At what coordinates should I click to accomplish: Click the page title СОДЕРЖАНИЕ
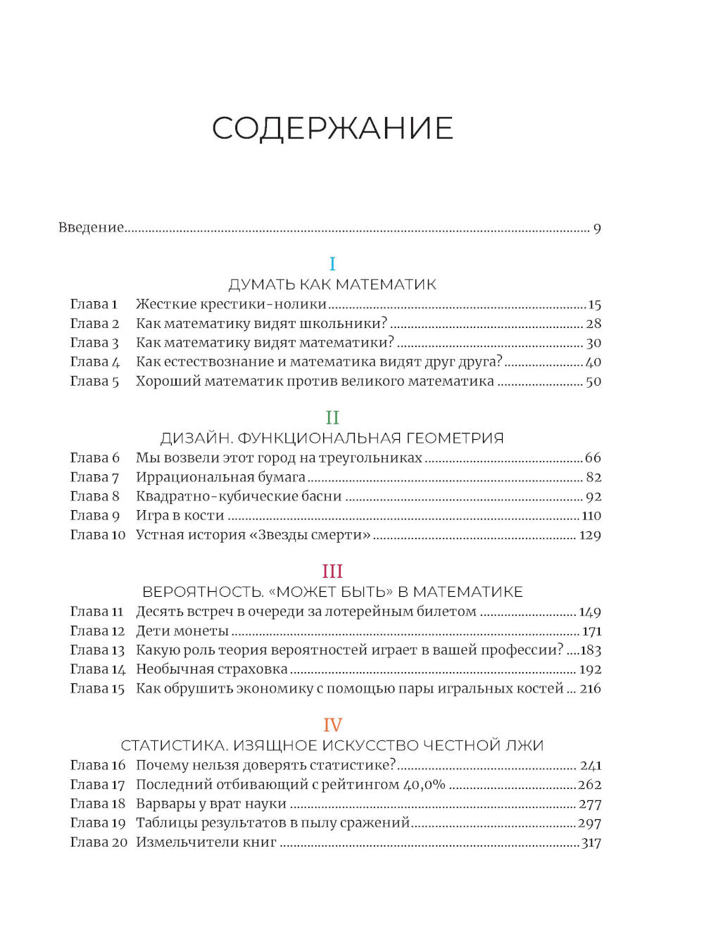pyautogui.click(x=332, y=129)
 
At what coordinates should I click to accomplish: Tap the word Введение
pyautogui.click(x=91, y=227)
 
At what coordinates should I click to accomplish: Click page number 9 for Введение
pyautogui.click(x=597, y=228)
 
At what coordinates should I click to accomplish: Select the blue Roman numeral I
pyautogui.click(x=332, y=264)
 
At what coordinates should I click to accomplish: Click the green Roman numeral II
pyautogui.click(x=332, y=417)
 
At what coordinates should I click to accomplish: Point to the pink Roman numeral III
pyautogui.click(x=332, y=571)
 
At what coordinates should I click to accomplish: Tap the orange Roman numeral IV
pyautogui.click(x=332, y=725)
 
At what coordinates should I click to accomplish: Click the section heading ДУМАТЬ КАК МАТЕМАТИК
pyautogui.click(x=332, y=285)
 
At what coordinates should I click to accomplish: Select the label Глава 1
pyautogui.click(x=94, y=304)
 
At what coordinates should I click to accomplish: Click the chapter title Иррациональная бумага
pyautogui.click(x=220, y=477)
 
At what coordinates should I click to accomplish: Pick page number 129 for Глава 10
pyautogui.click(x=590, y=536)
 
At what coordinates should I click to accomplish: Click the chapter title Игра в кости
pyautogui.click(x=180, y=516)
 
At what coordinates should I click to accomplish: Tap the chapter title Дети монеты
pyautogui.click(x=182, y=631)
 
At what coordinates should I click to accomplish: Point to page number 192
pyautogui.click(x=590, y=670)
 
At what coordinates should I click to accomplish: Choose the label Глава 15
pyautogui.click(x=97, y=689)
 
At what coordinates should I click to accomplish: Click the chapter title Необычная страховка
pyautogui.click(x=211, y=669)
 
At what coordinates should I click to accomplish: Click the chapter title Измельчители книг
pyautogui.click(x=206, y=842)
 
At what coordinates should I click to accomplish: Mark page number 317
pyautogui.click(x=591, y=843)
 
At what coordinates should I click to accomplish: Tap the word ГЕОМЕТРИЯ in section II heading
pyautogui.click(x=453, y=438)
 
